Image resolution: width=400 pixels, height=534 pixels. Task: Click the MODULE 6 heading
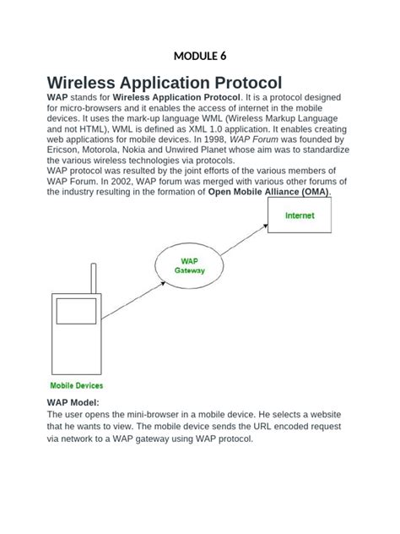pos(199,57)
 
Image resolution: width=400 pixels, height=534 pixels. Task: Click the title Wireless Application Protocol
pos(165,83)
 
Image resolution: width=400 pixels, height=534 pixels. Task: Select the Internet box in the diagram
pos(300,215)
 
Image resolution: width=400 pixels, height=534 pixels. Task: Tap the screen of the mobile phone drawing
pos(77,311)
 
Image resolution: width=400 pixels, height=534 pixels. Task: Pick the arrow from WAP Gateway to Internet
pos(245,241)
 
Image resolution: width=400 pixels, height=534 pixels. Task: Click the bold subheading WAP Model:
pos(73,403)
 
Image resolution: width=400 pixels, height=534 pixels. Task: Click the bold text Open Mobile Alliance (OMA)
pos(269,192)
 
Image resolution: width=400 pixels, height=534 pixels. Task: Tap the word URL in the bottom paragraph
pos(252,427)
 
